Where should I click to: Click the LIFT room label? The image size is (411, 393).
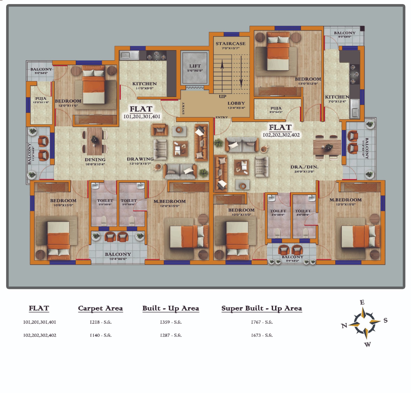(195, 66)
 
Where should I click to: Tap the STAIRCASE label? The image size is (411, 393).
(230, 44)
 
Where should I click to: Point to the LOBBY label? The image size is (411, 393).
(236, 103)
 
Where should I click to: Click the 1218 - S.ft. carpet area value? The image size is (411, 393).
(100, 322)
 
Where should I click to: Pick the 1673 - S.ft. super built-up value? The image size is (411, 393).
(262, 335)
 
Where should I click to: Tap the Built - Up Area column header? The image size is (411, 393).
(171, 308)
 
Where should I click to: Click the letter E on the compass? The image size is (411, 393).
(362, 302)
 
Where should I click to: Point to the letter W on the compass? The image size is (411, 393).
(368, 345)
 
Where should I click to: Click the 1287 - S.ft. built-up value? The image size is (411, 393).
(171, 335)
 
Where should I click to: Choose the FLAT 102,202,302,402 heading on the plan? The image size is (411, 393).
(281, 131)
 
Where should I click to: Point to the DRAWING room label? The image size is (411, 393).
(140, 159)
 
